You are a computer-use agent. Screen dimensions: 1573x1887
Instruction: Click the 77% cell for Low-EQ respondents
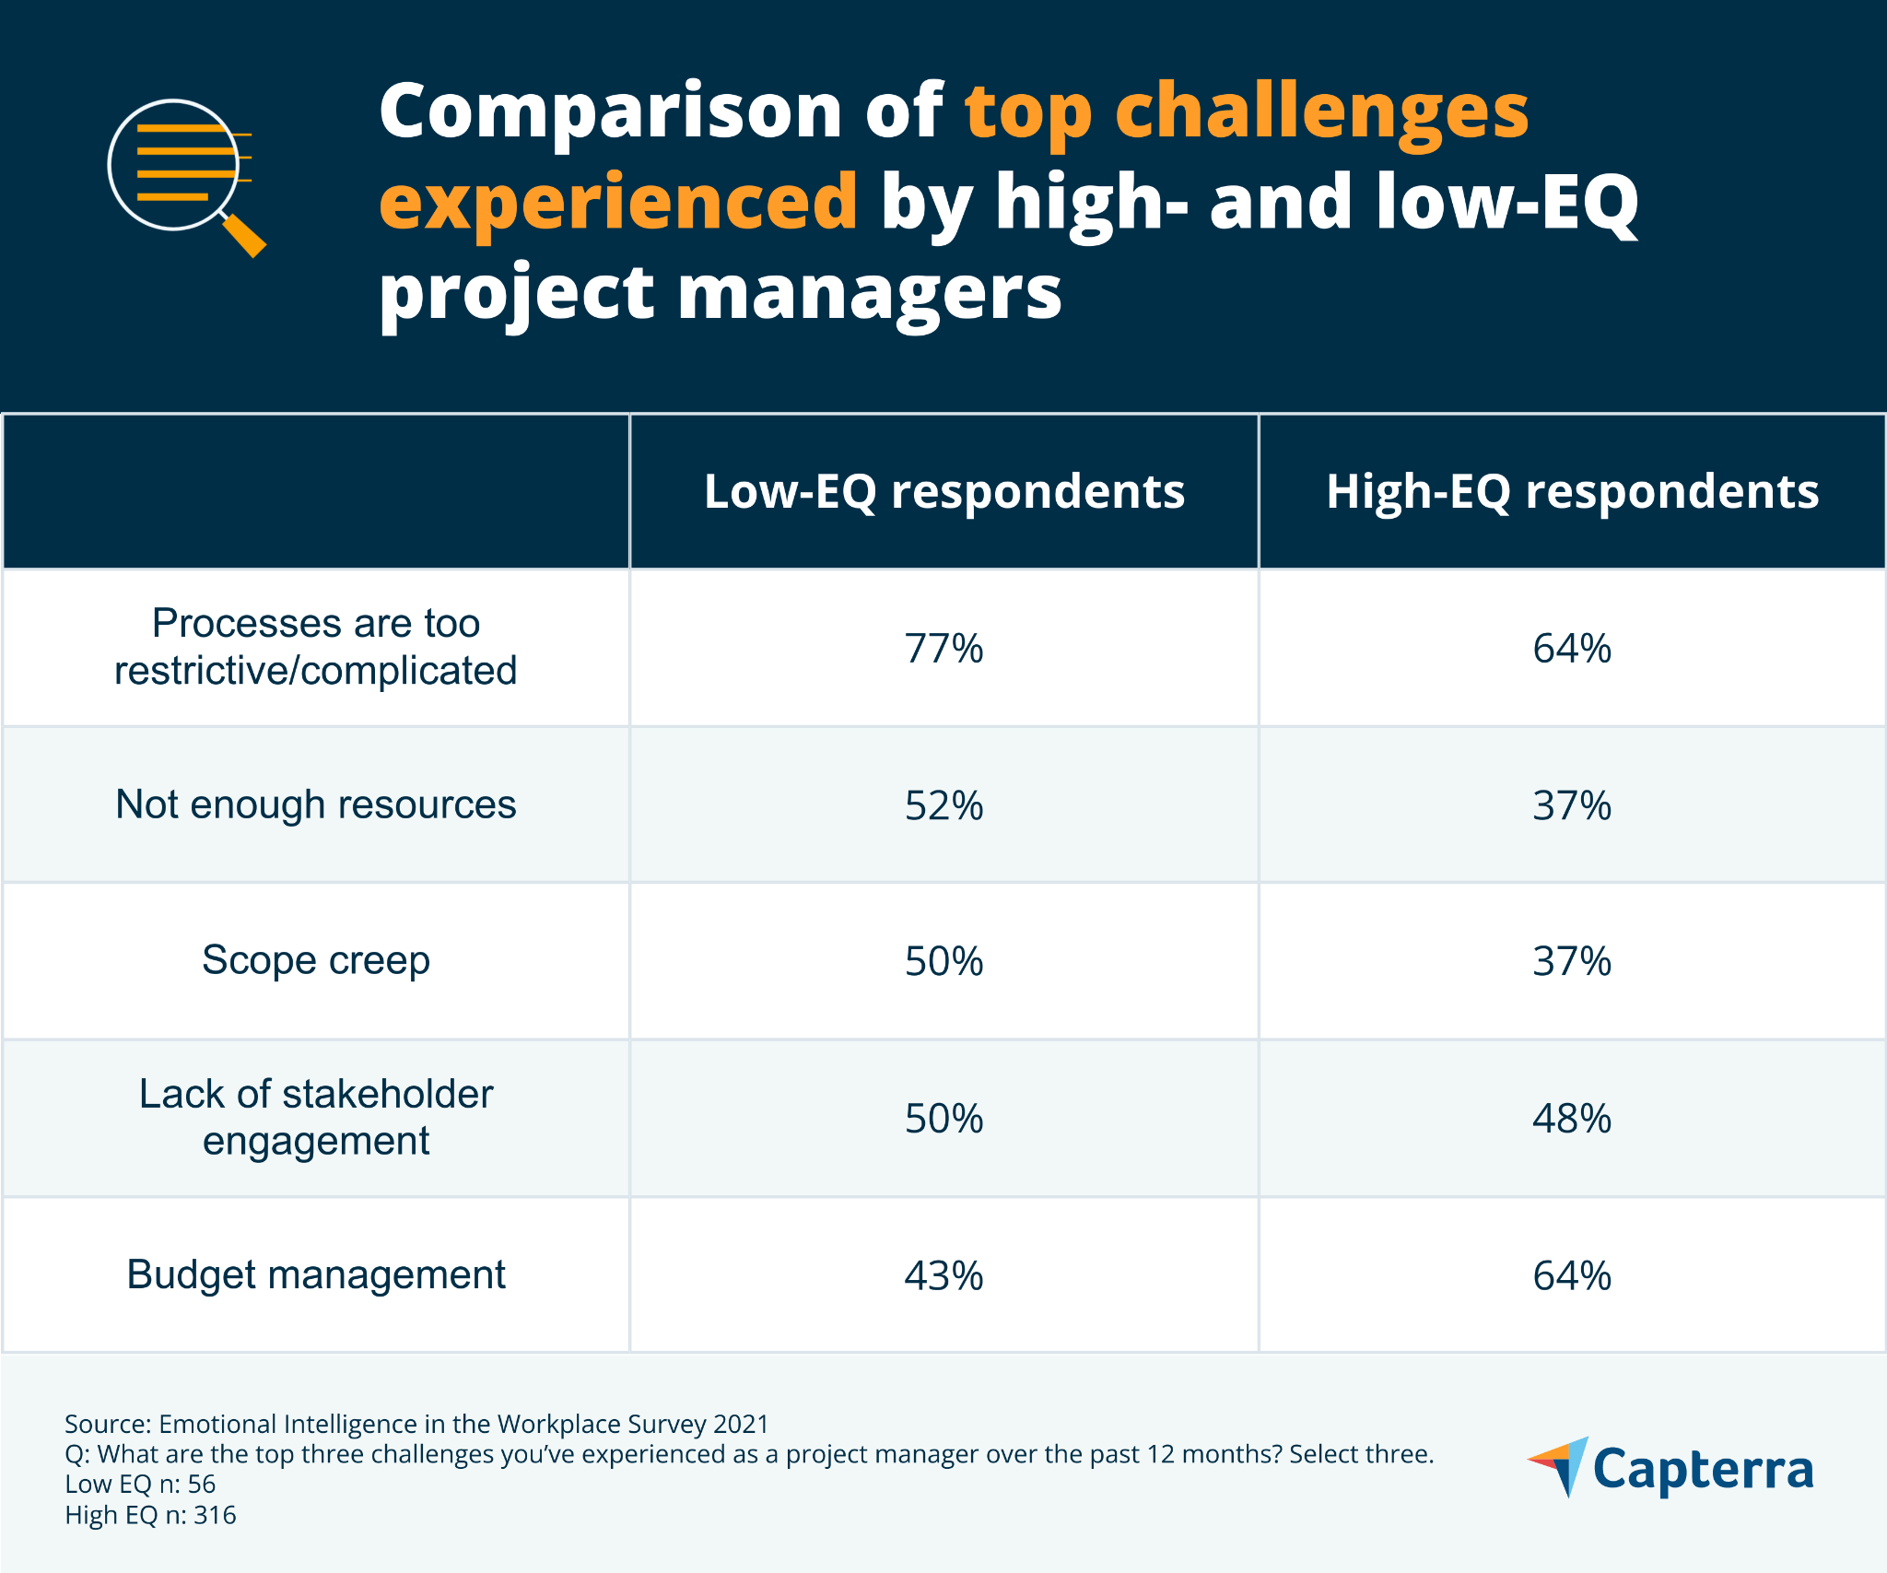(943, 649)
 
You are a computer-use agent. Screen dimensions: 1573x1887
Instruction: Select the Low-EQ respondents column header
(943, 491)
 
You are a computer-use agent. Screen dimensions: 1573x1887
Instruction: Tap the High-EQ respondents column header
(1572, 491)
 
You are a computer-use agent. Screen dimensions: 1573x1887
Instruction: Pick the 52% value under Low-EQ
(943, 805)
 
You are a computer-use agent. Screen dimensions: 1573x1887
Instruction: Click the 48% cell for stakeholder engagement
(1572, 1119)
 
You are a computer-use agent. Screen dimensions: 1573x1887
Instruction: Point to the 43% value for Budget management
(943, 1276)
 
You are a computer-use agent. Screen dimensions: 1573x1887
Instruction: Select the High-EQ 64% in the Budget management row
(1572, 1276)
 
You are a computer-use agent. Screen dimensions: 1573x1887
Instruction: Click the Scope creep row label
(316, 961)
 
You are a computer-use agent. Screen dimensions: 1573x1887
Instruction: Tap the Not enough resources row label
(316, 804)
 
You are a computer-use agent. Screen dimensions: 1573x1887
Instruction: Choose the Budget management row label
(316, 1275)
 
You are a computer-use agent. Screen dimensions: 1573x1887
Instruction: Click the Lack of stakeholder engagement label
(316, 1117)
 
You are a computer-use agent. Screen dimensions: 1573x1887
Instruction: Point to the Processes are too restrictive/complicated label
(316, 647)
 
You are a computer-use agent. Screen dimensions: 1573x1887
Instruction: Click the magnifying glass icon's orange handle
(245, 236)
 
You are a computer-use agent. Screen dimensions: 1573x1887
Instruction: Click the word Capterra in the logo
(1703, 1470)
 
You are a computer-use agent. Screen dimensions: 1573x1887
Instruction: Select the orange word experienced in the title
(618, 202)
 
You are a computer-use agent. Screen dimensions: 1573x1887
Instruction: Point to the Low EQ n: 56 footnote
(140, 1485)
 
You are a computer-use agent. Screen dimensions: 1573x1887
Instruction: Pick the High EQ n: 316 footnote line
(150, 1515)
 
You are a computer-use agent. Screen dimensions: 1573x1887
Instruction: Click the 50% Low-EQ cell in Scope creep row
(943, 962)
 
